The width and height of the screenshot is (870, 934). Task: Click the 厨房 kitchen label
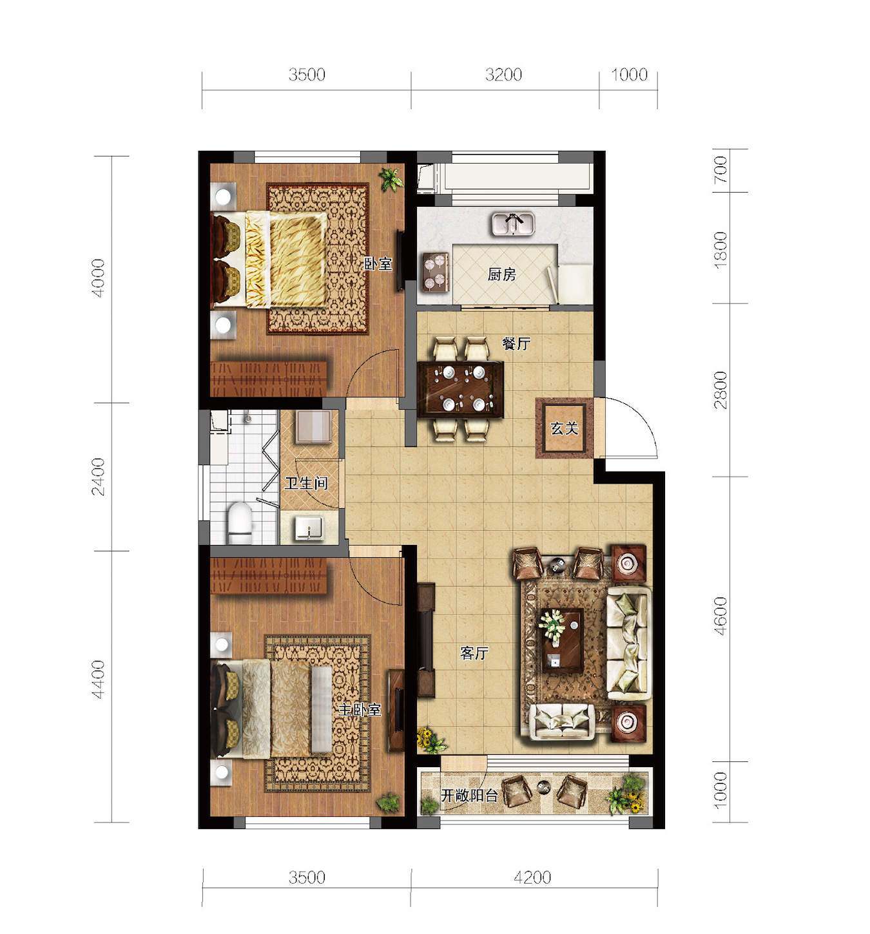[x=501, y=274]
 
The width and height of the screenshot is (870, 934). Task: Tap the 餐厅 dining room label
[x=516, y=344]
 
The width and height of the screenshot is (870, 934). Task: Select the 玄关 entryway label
[x=564, y=428]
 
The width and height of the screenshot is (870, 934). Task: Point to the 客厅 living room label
[x=474, y=653]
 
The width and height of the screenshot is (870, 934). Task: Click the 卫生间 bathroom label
[x=306, y=483]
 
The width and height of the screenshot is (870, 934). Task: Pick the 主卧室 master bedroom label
[x=360, y=710]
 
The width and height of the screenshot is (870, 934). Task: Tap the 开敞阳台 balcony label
[x=469, y=796]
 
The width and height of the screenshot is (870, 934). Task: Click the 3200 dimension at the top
[x=503, y=75]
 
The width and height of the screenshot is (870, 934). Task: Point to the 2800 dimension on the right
[x=720, y=390]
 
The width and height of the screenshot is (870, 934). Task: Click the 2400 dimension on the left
[x=99, y=477]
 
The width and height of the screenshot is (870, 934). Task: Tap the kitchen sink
[x=513, y=224]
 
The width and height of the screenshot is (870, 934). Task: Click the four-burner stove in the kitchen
[x=435, y=272]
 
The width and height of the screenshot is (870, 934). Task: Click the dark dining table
[x=460, y=390]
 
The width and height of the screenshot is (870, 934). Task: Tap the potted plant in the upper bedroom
[x=391, y=179]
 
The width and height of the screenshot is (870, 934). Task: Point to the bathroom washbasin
[x=309, y=528]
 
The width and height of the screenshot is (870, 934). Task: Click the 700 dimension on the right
[x=720, y=170]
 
